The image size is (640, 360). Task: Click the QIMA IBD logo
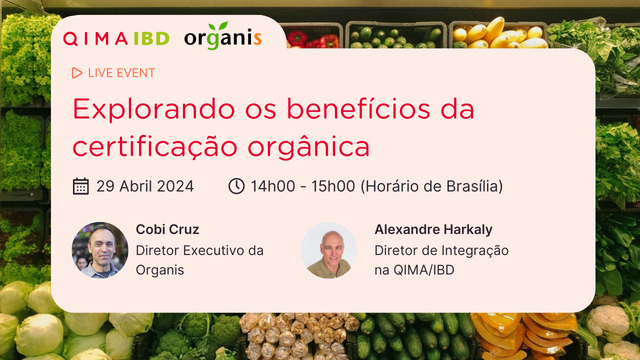pyautogui.click(x=116, y=38)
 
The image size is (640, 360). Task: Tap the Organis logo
pyautogui.click(x=223, y=36)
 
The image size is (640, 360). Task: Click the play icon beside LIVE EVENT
pyautogui.click(x=76, y=73)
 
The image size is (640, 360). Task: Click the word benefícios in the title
pyautogui.click(x=358, y=108)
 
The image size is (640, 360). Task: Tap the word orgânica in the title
pyautogui.click(x=308, y=147)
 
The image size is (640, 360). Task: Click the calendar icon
pyautogui.click(x=81, y=186)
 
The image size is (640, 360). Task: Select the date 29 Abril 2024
pyautogui.click(x=145, y=186)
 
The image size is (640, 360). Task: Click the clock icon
pyautogui.click(x=236, y=186)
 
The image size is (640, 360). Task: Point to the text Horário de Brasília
pyautogui.click(x=431, y=186)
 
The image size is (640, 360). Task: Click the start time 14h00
pyautogui.click(x=273, y=186)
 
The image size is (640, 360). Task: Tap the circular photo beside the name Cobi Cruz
pyautogui.click(x=100, y=250)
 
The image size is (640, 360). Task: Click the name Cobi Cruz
pyautogui.click(x=167, y=229)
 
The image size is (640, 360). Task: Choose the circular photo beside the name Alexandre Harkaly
pyautogui.click(x=329, y=250)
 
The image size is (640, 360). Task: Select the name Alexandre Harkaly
pyautogui.click(x=433, y=229)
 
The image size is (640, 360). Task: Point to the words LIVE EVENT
pyautogui.click(x=121, y=73)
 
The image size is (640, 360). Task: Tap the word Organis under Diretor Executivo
pyautogui.click(x=160, y=270)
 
